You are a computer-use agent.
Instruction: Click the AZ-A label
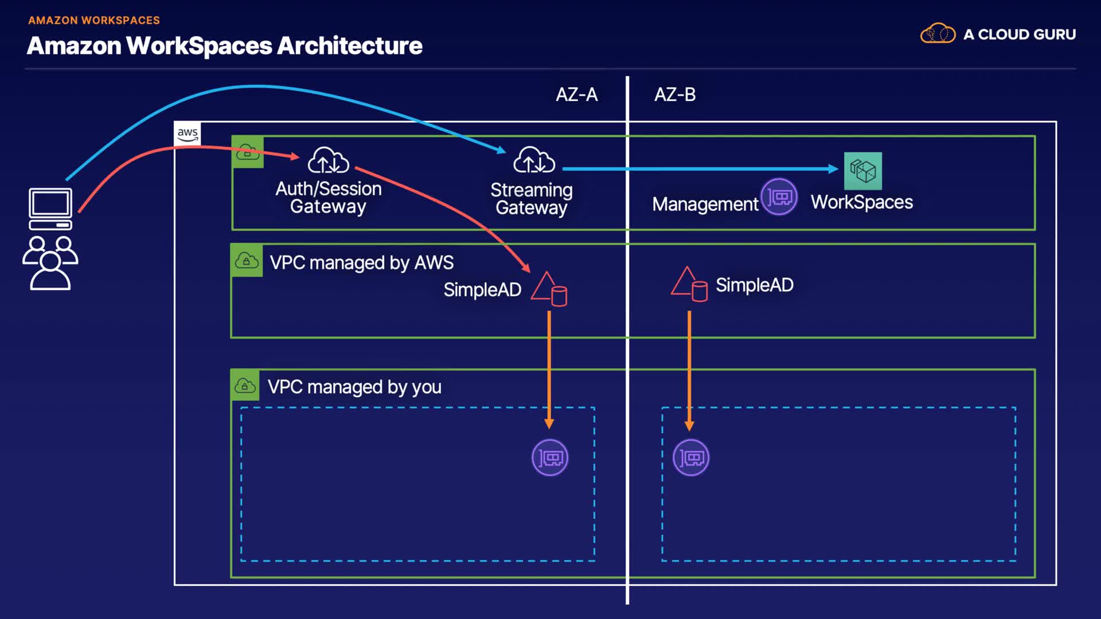(576, 95)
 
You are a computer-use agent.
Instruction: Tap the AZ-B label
(675, 95)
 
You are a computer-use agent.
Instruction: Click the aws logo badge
(188, 134)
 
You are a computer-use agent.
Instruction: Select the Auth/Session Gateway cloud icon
(328, 160)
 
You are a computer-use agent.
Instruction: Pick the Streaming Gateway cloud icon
(534, 160)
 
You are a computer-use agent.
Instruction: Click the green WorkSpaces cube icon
(862, 171)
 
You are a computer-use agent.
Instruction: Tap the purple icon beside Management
(779, 197)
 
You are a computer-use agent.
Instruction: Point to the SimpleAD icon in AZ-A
(549, 289)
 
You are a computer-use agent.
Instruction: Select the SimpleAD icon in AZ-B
(689, 284)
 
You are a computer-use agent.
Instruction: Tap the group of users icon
(50, 263)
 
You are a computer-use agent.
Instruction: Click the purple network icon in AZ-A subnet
(550, 457)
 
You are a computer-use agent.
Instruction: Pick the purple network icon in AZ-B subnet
(690, 457)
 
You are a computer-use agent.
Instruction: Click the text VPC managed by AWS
(361, 263)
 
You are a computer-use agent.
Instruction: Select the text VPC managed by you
(354, 387)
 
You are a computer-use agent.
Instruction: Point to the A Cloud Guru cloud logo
(938, 34)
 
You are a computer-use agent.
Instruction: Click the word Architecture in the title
(349, 46)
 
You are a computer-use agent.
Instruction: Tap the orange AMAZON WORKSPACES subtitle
(94, 21)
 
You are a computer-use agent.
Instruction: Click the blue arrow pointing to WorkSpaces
(700, 169)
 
